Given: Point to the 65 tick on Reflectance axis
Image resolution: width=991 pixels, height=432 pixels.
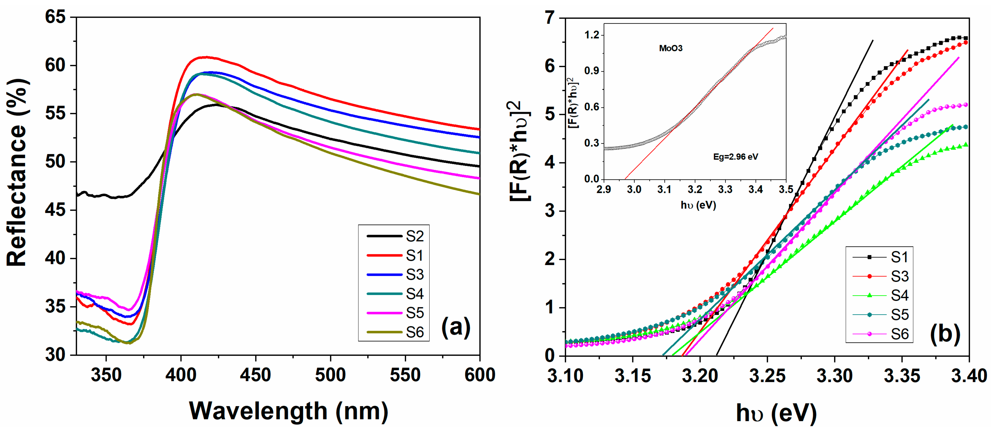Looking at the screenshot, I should pyautogui.click(x=55, y=17).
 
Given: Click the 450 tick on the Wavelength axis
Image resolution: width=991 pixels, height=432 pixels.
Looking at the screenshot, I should pyautogui.click(x=255, y=375).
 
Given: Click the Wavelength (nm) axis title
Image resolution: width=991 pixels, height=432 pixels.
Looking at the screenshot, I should pyautogui.click(x=288, y=411).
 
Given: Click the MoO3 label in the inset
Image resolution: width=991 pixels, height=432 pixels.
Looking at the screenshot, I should pyautogui.click(x=671, y=48).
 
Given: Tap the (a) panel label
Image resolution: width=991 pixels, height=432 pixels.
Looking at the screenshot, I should pyautogui.click(x=456, y=327).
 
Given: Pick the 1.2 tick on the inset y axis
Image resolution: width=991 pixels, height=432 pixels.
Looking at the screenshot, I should pyautogui.click(x=592, y=35).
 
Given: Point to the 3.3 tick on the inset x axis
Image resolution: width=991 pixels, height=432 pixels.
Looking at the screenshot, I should pyautogui.click(x=725, y=190).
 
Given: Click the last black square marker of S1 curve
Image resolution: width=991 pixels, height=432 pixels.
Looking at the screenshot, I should pyautogui.click(x=966, y=38).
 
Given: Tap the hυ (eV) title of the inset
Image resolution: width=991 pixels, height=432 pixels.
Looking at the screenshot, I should pyautogui.click(x=698, y=205).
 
